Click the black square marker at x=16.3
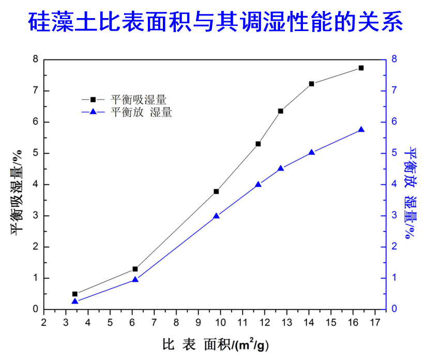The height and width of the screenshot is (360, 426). (x=361, y=68)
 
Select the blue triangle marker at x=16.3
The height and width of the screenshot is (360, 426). (x=361, y=130)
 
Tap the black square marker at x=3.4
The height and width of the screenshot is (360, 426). (x=75, y=294)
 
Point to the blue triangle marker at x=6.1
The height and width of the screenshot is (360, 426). (x=135, y=279)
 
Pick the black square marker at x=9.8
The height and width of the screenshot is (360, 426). (x=216, y=191)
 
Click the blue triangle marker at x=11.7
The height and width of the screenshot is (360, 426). (x=258, y=184)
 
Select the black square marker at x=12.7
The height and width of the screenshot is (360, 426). (x=280, y=111)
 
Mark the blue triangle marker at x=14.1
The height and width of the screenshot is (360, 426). (x=311, y=153)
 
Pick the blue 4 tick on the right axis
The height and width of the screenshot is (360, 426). (x=394, y=185)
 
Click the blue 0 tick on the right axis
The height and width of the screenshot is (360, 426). (x=394, y=309)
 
